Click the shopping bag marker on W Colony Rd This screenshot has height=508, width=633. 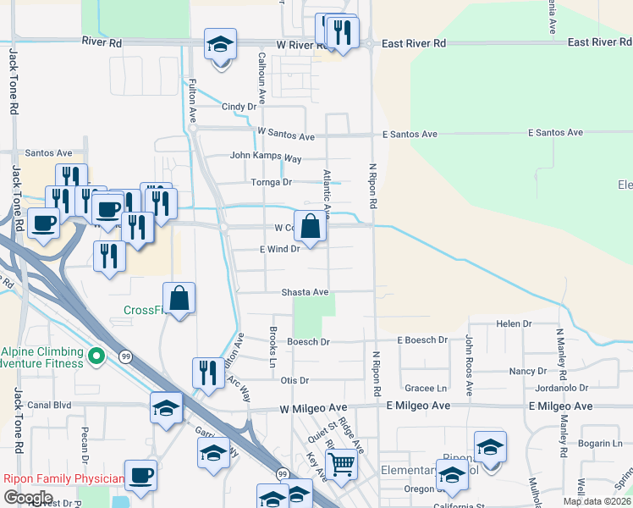tap(311, 227)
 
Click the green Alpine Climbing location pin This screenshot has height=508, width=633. tap(96, 358)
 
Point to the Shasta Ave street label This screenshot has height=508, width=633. tap(305, 292)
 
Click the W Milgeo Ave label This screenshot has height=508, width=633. tap(313, 408)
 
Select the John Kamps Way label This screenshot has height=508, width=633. tap(267, 157)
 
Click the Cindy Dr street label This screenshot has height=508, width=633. tap(239, 107)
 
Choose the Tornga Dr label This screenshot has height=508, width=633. tap(271, 182)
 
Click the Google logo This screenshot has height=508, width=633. tap(28, 497)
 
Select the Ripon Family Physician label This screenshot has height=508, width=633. tap(63, 478)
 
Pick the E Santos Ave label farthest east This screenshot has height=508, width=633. tap(555, 133)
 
